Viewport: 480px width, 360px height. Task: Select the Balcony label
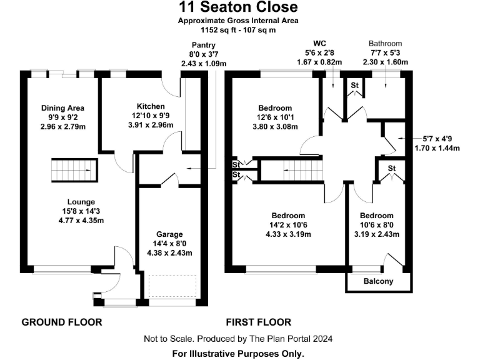pos(379,281)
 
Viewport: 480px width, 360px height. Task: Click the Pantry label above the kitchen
pos(203,45)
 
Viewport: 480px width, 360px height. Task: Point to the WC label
pos(319,43)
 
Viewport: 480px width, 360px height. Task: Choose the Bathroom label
pos(385,43)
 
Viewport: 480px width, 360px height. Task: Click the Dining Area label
pos(62,108)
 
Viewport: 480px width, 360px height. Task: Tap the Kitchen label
pos(151,106)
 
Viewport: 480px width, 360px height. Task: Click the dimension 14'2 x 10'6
pos(288,226)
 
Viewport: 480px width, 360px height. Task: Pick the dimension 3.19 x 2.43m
pos(376,235)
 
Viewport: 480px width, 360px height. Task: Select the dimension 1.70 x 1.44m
pos(437,148)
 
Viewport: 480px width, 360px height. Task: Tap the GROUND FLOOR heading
pos(61,322)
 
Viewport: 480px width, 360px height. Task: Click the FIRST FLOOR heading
pos(258,322)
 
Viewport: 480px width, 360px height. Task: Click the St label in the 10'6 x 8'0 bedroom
pos(391,169)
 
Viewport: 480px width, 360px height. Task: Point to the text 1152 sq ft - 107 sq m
pos(237,29)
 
